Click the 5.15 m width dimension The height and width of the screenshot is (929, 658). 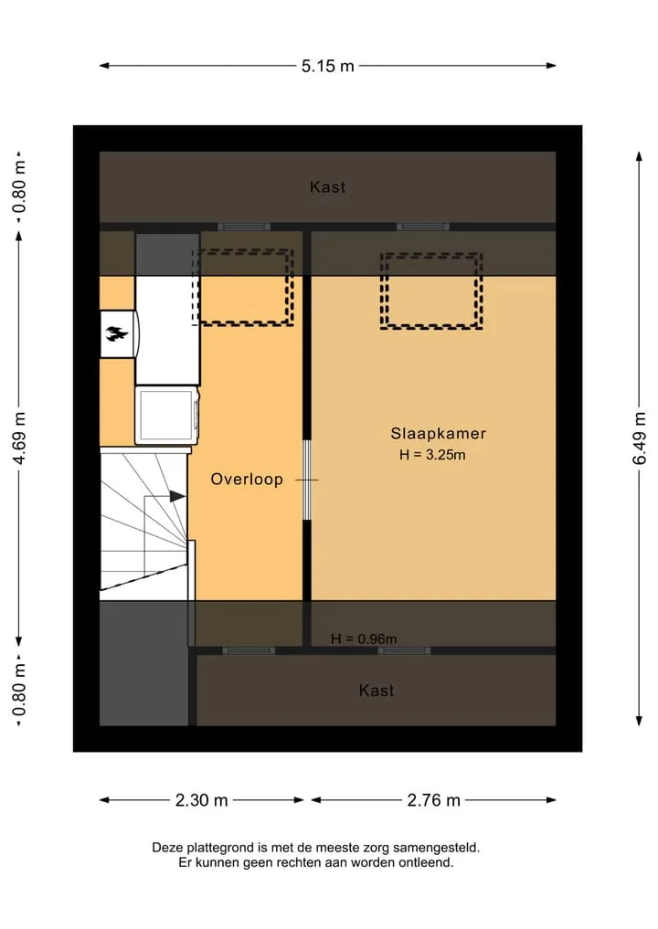[x=327, y=66]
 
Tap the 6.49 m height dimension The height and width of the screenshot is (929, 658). [x=640, y=438]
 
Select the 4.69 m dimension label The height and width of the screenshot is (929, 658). [x=19, y=438]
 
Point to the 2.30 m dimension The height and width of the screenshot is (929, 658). [x=202, y=800]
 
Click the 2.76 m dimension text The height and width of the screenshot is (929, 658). [x=433, y=800]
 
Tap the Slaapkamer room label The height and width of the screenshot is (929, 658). [x=438, y=434]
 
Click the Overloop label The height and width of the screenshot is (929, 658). [x=247, y=480]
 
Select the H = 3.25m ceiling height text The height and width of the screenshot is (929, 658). [x=432, y=455]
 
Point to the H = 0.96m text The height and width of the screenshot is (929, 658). [x=364, y=639]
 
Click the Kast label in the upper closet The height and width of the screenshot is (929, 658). [x=327, y=187]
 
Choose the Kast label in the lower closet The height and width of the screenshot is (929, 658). [x=377, y=691]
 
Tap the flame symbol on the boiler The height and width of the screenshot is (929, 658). [x=117, y=334]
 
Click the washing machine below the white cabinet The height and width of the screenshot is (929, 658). [x=167, y=416]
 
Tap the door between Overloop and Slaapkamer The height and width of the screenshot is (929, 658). [x=307, y=480]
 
